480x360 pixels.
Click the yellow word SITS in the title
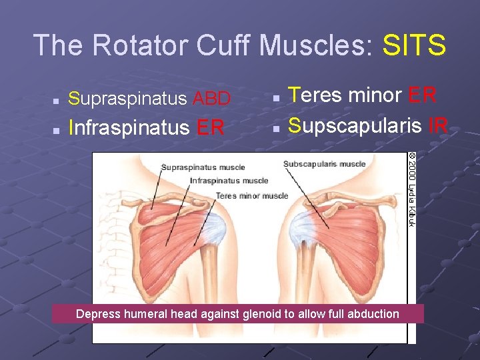(x=414, y=45)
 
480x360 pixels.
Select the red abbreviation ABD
(x=211, y=99)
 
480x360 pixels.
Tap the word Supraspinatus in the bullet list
(x=128, y=99)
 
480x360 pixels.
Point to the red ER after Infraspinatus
(x=211, y=127)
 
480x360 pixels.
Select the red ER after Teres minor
(x=421, y=95)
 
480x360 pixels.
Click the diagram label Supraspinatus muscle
(x=203, y=167)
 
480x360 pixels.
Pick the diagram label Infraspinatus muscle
(x=229, y=181)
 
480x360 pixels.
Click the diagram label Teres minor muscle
(x=251, y=196)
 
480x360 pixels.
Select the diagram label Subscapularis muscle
(x=324, y=164)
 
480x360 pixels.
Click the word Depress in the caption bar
(x=95, y=314)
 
